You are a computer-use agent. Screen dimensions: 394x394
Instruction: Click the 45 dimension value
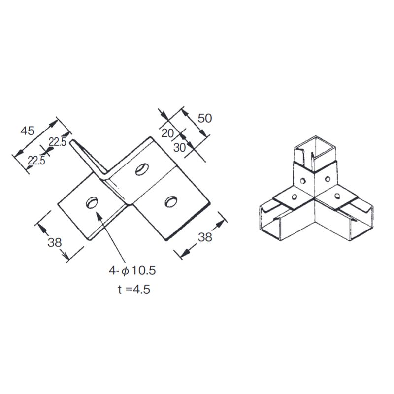[27, 131]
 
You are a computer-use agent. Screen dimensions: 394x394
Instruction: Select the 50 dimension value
[205, 118]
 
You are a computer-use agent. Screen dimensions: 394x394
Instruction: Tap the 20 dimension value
[168, 133]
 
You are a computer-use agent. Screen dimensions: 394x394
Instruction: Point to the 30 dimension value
[180, 147]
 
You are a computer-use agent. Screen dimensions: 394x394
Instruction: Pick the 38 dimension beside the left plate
[55, 242]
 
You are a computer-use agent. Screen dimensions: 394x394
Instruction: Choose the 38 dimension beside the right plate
[205, 237]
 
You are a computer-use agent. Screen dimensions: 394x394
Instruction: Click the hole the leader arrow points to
[92, 203]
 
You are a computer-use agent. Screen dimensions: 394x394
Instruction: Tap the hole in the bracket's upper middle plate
[141, 169]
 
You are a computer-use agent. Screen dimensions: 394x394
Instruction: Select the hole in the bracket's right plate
[171, 200]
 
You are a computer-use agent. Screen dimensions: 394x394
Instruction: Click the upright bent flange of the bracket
[89, 158]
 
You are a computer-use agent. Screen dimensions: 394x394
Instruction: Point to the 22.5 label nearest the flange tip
[57, 142]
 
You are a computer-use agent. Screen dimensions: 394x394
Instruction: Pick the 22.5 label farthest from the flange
[36, 160]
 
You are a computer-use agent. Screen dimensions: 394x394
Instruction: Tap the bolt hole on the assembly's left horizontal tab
[294, 197]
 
